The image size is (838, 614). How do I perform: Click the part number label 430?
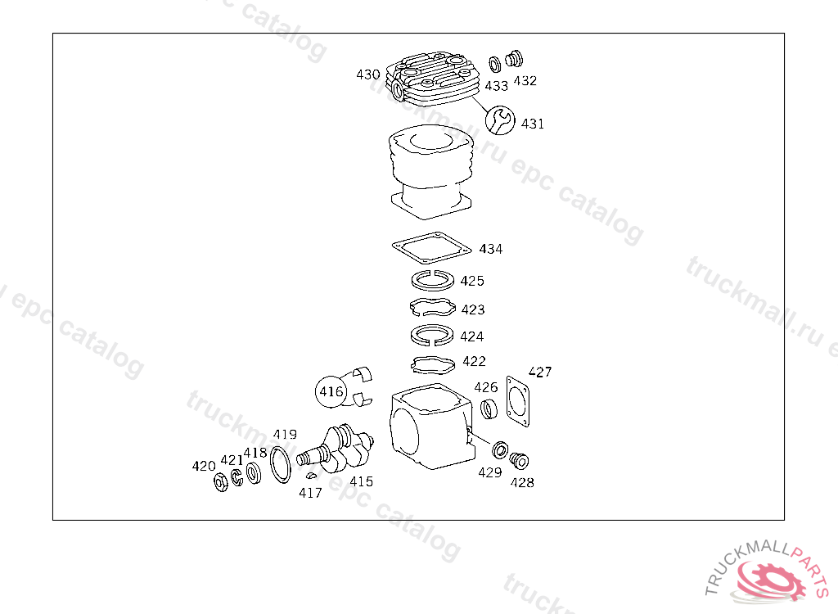[x=367, y=74]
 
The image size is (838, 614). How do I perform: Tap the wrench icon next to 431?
[x=500, y=120]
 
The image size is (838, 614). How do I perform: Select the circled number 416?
[x=331, y=391]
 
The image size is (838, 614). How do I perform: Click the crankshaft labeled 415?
[x=336, y=448]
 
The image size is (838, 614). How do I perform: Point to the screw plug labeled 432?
[x=514, y=58]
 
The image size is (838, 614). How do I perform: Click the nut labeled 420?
[x=221, y=482]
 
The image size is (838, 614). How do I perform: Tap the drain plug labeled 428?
[x=518, y=460]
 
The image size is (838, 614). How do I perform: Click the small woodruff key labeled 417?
[x=311, y=475]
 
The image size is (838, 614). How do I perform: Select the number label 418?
[x=255, y=453]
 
